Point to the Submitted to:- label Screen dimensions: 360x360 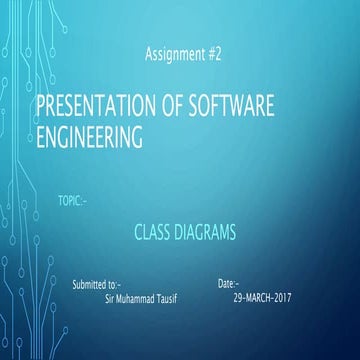click(96, 285)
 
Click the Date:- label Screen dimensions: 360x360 click(229, 285)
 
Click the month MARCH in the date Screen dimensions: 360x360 click(261, 299)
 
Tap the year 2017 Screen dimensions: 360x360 click(290, 299)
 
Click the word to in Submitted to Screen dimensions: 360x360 click(112, 285)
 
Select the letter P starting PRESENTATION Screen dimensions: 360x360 click(41, 107)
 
